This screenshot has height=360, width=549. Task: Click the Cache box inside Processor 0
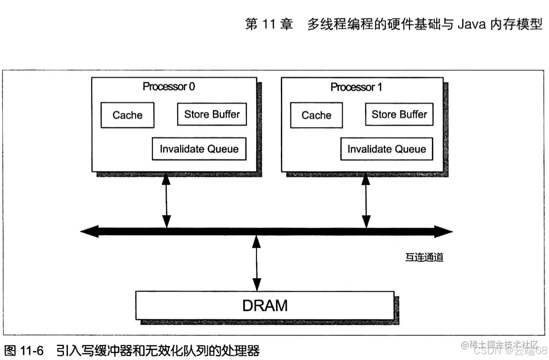[127, 115]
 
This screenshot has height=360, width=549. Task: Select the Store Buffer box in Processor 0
[212, 115]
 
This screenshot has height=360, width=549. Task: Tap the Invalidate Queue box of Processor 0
[199, 149]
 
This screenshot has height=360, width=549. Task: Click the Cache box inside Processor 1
[316, 115]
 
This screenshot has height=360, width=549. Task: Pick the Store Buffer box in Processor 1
[399, 115]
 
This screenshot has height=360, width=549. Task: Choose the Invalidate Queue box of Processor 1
[386, 149]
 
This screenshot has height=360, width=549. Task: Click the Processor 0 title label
[169, 87]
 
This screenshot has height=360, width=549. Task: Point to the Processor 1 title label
[356, 87]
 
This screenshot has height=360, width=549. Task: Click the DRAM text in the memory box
[265, 306]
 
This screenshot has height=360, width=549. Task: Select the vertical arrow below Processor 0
[167, 200]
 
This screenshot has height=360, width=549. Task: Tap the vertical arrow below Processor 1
[366, 200]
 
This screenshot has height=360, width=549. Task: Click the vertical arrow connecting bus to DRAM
[257, 263]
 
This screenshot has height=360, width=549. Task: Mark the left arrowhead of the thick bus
[90, 232]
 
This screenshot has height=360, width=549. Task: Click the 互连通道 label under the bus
[424, 257]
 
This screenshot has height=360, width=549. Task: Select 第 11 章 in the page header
[269, 25]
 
